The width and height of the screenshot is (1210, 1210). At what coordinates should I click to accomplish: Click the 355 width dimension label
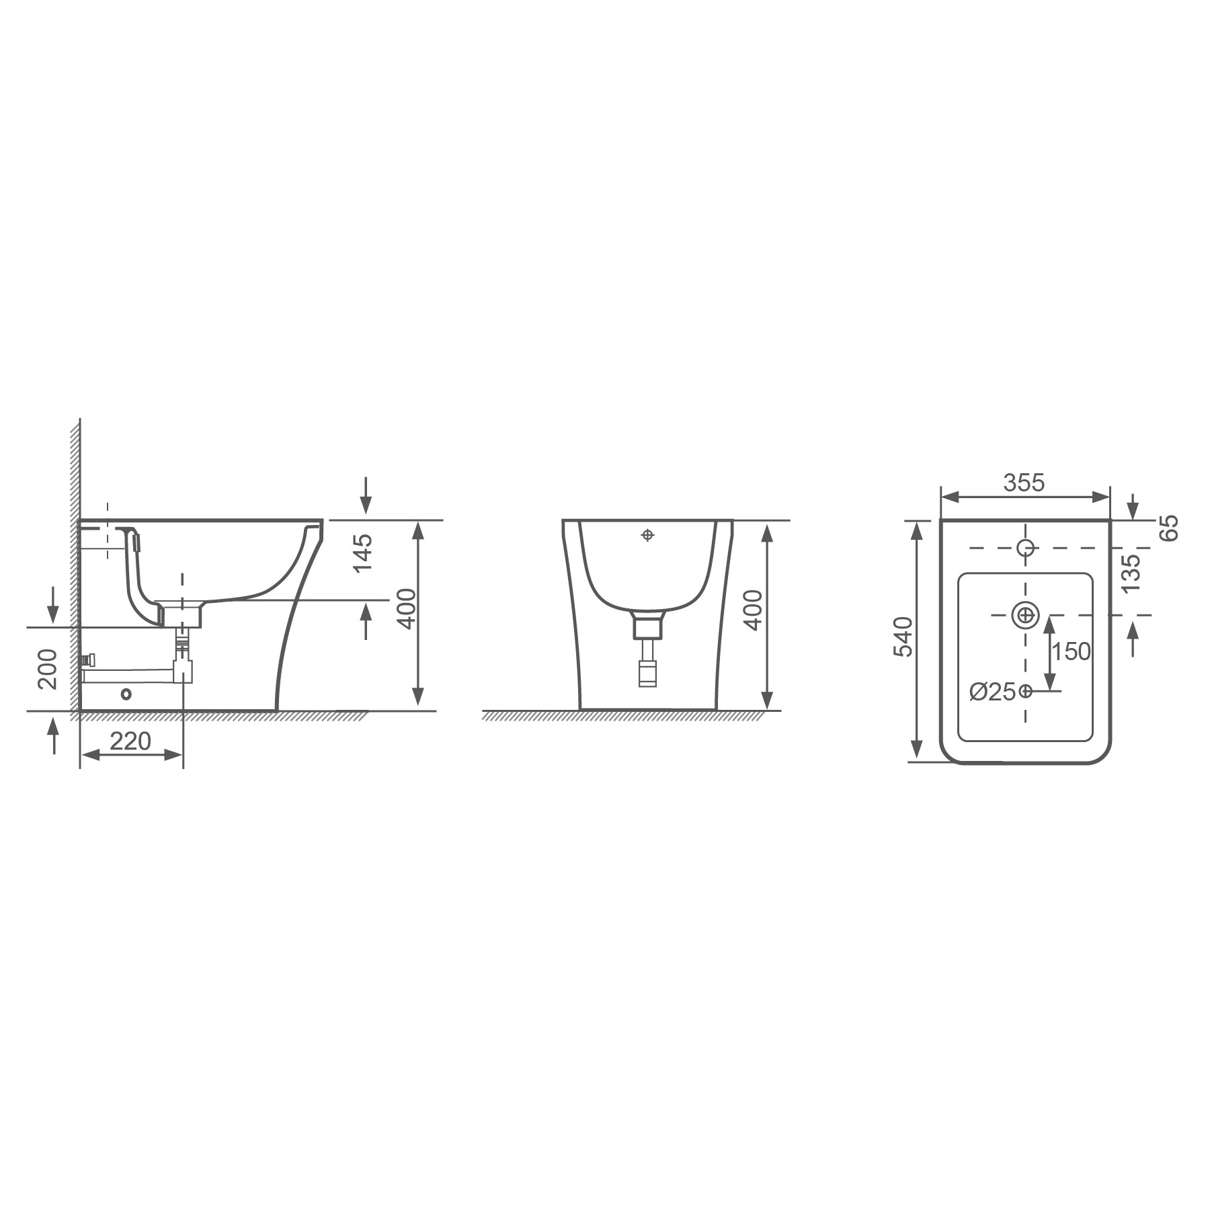1024,483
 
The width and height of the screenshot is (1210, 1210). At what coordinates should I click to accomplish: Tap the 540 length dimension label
903,636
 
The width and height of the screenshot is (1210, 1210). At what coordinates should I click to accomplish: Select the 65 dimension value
1170,528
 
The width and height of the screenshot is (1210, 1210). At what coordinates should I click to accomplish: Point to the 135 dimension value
1131,573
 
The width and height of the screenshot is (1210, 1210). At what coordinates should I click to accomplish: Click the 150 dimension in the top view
1071,651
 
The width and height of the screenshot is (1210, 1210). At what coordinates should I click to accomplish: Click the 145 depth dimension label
362,553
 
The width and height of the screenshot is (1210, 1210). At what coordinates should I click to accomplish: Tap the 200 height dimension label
47,669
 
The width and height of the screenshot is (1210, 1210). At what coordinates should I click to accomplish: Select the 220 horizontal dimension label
130,741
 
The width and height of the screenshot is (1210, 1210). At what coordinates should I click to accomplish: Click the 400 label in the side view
407,608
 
